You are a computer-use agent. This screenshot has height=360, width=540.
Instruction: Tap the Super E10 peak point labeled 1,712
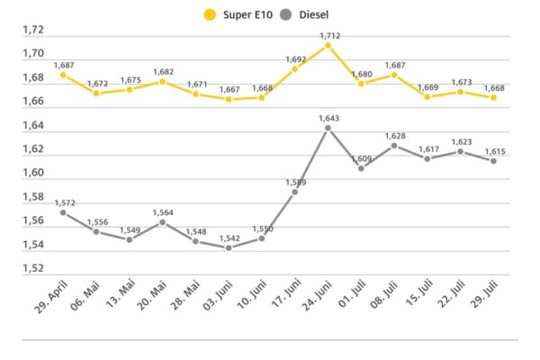click(x=328, y=45)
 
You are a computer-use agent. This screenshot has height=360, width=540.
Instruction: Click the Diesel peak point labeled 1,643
click(x=328, y=128)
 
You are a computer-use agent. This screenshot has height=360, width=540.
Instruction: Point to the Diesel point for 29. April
click(x=63, y=212)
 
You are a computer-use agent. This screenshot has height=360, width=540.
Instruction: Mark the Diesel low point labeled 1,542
click(x=229, y=248)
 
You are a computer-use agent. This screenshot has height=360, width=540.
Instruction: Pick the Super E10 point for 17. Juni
click(x=294, y=68)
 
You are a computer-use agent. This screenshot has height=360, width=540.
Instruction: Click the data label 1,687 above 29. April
click(x=64, y=65)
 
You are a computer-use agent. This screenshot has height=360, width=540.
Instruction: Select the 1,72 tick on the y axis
click(x=33, y=30)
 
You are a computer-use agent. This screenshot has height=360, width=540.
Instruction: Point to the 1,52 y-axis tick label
click(x=33, y=268)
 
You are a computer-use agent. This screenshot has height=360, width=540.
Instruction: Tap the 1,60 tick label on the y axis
click(x=33, y=173)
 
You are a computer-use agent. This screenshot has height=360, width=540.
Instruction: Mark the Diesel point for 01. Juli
click(x=361, y=168)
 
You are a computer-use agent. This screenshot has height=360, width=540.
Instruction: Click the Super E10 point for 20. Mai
click(x=163, y=81)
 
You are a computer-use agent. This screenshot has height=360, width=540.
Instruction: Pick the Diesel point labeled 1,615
click(x=493, y=161)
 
